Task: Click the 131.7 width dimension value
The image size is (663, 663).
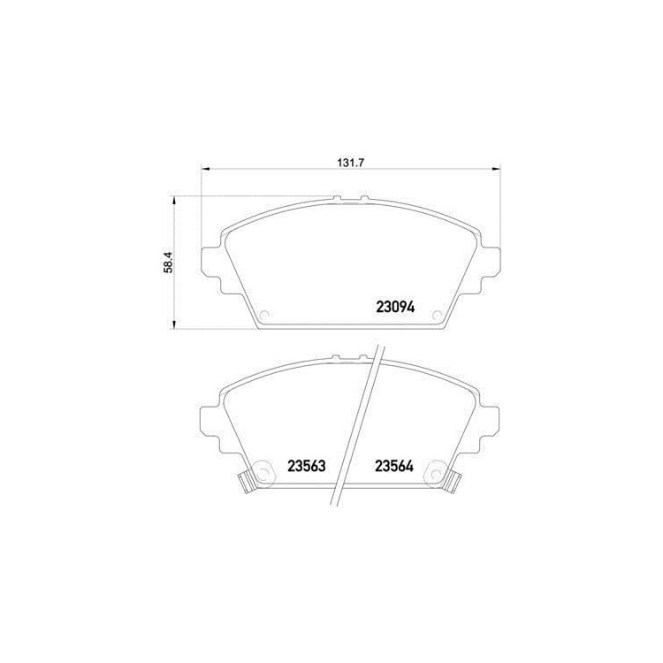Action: (x=351, y=163)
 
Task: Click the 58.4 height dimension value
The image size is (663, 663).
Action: (x=168, y=263)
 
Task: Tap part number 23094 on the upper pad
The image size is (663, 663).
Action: (x=395, y=308)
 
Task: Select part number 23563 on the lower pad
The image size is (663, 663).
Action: (x=307, y=466)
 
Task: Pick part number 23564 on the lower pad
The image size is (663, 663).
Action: (x=394, y=466)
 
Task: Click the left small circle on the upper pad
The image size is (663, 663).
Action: (x=264, y=315)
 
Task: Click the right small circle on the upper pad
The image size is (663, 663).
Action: (x=437, y=315)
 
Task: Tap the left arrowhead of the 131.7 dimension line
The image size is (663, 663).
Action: (x=205, y=170)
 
